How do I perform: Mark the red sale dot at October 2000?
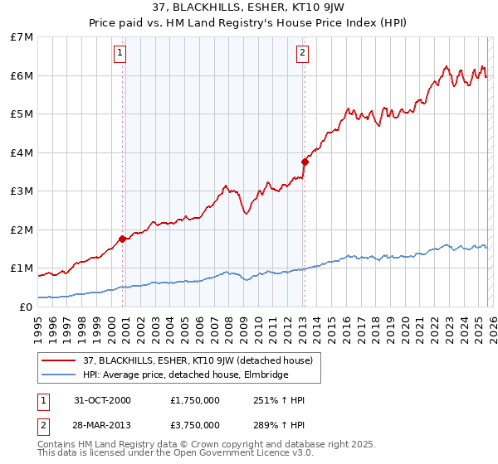(x=123, y=239)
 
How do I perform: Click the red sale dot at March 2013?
(x=305, y=162)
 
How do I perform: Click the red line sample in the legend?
(x=60, y=360)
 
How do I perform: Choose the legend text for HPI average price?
(x=185, y=375)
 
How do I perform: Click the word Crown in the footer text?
(x=208, y=444)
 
